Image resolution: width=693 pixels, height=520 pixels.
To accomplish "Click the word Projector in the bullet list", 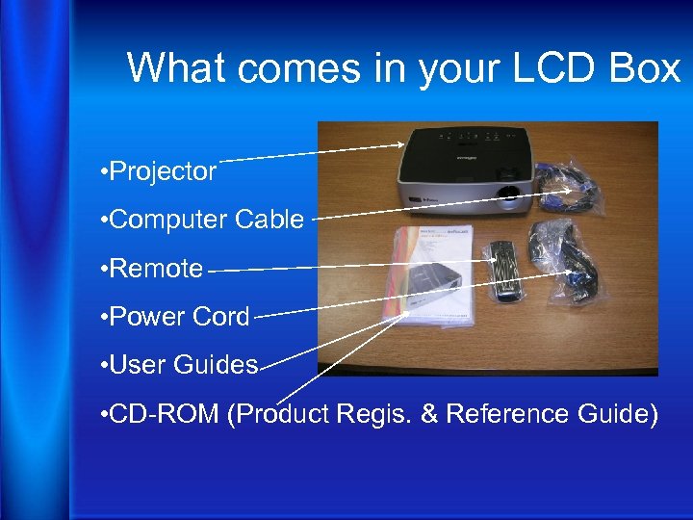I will click(x=164, y=172).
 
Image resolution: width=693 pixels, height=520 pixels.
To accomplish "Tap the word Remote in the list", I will click(x=157, y=269).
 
